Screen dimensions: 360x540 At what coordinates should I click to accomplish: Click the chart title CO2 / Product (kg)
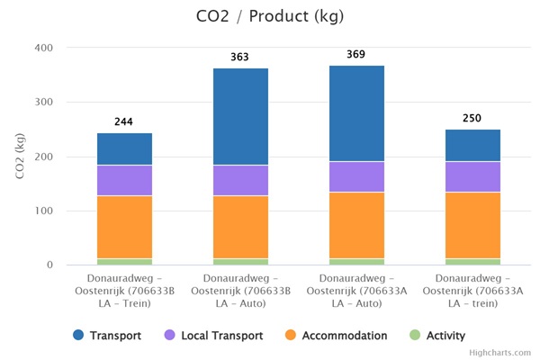point(270,16)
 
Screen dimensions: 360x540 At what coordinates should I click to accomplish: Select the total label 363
point(239,58)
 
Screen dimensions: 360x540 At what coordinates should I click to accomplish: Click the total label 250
point(472,119)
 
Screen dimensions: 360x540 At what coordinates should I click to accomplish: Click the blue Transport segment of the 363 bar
point(240,117)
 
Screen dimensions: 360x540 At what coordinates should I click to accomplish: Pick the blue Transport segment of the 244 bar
point(124,149)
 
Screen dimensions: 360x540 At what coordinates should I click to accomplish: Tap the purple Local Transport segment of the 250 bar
point(472,177)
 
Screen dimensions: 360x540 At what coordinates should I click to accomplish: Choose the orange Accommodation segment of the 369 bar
point(356,225)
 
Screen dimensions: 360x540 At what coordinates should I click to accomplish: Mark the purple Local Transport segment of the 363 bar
point(240,180)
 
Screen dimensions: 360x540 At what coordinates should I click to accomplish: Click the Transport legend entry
point(108,336)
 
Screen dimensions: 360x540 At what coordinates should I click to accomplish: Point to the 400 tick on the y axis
point(42,48)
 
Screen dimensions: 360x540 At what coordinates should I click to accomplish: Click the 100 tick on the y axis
point(42,211)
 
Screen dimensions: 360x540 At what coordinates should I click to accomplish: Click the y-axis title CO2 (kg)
point(20,156)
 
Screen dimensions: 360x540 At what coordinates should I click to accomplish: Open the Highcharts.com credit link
point(499,353)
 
